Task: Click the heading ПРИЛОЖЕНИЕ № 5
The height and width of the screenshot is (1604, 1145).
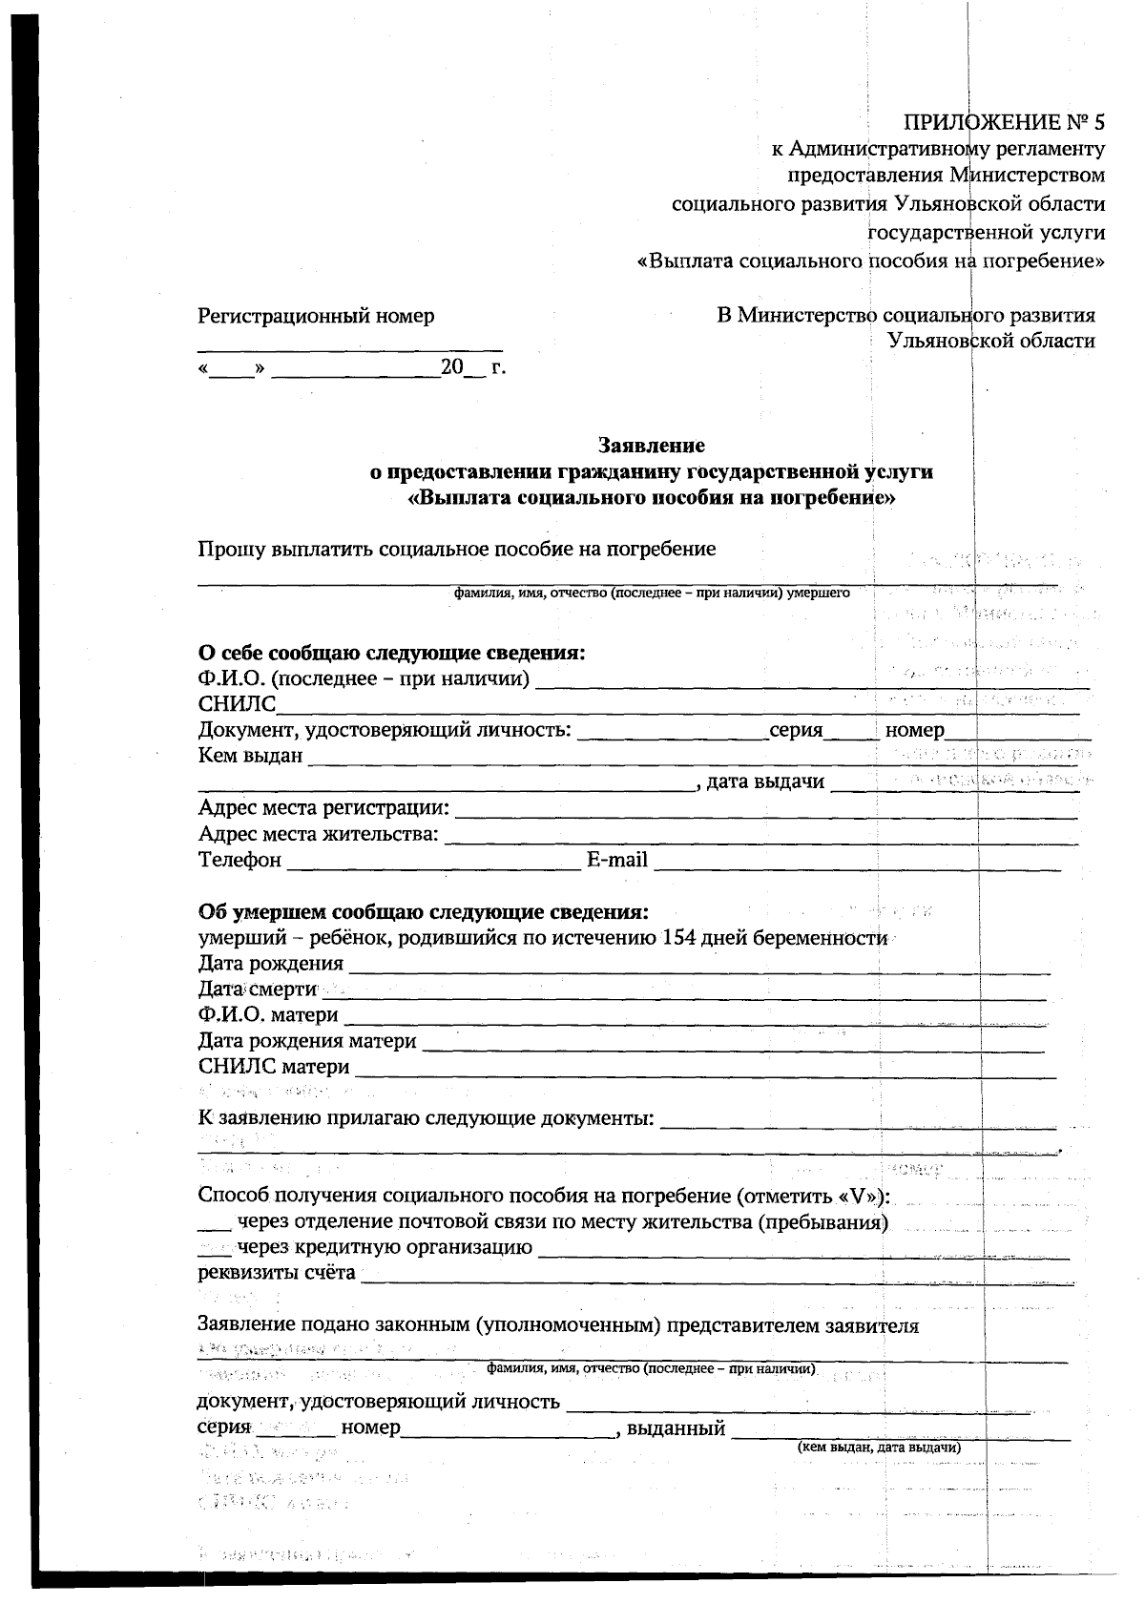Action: pos(1003,122)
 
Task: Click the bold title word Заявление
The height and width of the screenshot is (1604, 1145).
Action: pos(651,445)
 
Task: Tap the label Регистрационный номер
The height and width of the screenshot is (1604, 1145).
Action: pos(316,316)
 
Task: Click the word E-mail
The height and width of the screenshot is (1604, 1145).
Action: pos(616,861)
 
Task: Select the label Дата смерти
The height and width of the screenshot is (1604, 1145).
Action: pos(257,989)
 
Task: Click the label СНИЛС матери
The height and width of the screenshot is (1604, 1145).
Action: pos(274,1067)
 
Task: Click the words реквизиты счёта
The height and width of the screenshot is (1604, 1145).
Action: pos(277,1273)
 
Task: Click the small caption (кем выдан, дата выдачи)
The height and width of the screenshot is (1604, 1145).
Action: pos(879,1448)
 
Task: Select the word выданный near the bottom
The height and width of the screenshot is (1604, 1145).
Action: pos(677,1428)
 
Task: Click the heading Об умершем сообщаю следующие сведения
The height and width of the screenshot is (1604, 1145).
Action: pos(423,911)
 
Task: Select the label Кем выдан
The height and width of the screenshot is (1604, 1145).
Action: pos(250,756)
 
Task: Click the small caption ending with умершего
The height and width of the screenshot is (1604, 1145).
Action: pos(652,593)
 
